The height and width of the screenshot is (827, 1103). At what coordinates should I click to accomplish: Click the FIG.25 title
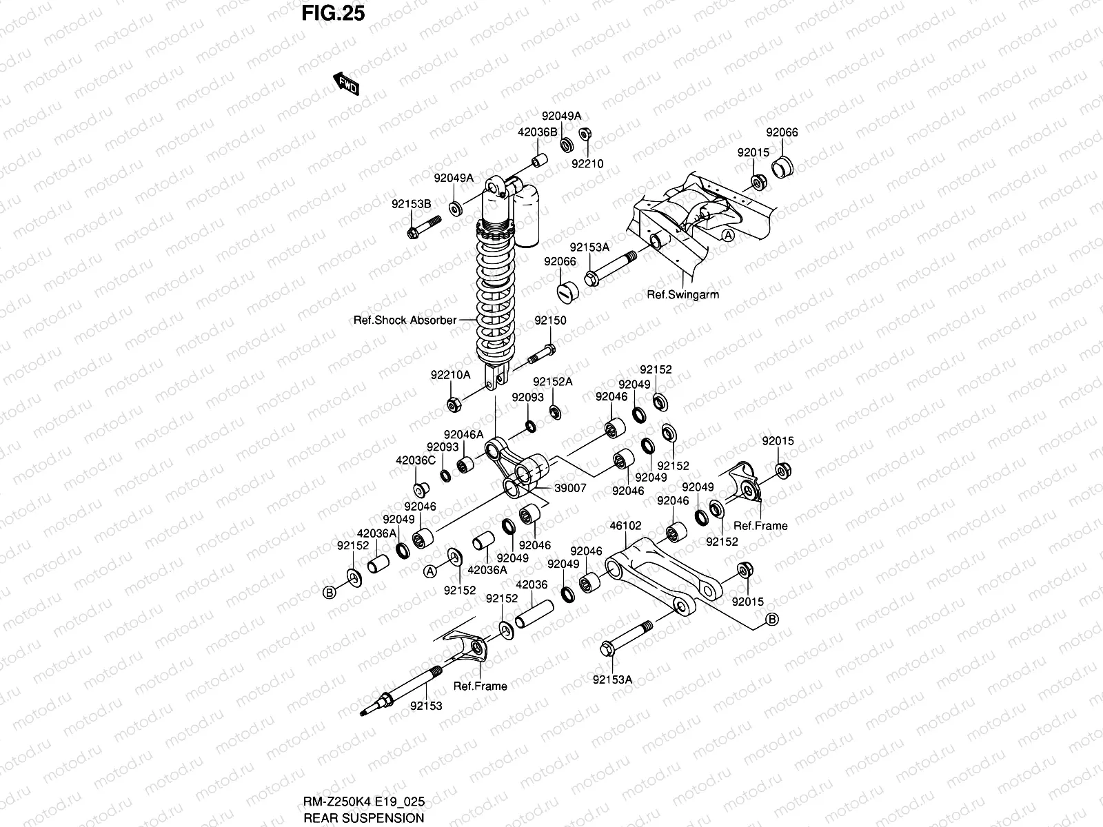pyautogui.click(x=333, y=13)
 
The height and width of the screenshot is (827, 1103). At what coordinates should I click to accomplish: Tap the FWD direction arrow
pyautogui.click(x=346, y=83)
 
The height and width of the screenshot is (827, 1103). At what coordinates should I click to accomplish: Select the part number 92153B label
pyautogui.click(x=412, y=204)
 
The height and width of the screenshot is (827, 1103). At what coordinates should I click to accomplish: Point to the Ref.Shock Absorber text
pyautogui.click(x=405, y=320)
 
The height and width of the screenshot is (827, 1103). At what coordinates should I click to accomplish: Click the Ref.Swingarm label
pyautogui.click(x=682, y=295)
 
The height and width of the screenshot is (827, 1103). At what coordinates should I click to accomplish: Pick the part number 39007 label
pyautogui.click(x=570, y=488)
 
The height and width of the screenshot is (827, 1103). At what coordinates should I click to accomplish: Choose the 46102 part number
pyautogui.click(x=626, y=526)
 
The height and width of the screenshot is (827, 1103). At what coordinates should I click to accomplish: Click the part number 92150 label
pyautogui.click(x=550, y=320)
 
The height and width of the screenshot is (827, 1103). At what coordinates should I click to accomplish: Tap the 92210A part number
pyautogui.click(x=451, y=375)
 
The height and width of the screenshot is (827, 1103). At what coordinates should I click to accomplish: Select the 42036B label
pyautogui.click(x=538, y=132)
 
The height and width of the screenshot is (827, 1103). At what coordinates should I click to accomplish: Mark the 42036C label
pyautogui.click(x=416, y=460)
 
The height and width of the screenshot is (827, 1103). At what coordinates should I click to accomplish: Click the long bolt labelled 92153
pyautogui.click(x=401, y=691)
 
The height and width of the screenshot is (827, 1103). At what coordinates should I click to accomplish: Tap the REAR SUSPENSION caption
pyautogui.click(x=364, y=818)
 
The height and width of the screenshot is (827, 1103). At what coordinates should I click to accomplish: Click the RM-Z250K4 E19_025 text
pyautogui.click(x=364, y=802)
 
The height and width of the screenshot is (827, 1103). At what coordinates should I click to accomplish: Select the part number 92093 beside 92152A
pyautogui.click(x=527, y=397)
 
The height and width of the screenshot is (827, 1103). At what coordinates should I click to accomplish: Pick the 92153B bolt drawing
pyautogui.click(x=424, y=227)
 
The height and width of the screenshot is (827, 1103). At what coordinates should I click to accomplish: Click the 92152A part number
pyautogui.click(x=553, y=382)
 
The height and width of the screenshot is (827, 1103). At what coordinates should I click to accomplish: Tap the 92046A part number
pyautogui.click(x=463, y=434)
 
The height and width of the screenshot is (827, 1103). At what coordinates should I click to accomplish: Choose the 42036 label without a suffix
pyautogui.click(x=532, y=584)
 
